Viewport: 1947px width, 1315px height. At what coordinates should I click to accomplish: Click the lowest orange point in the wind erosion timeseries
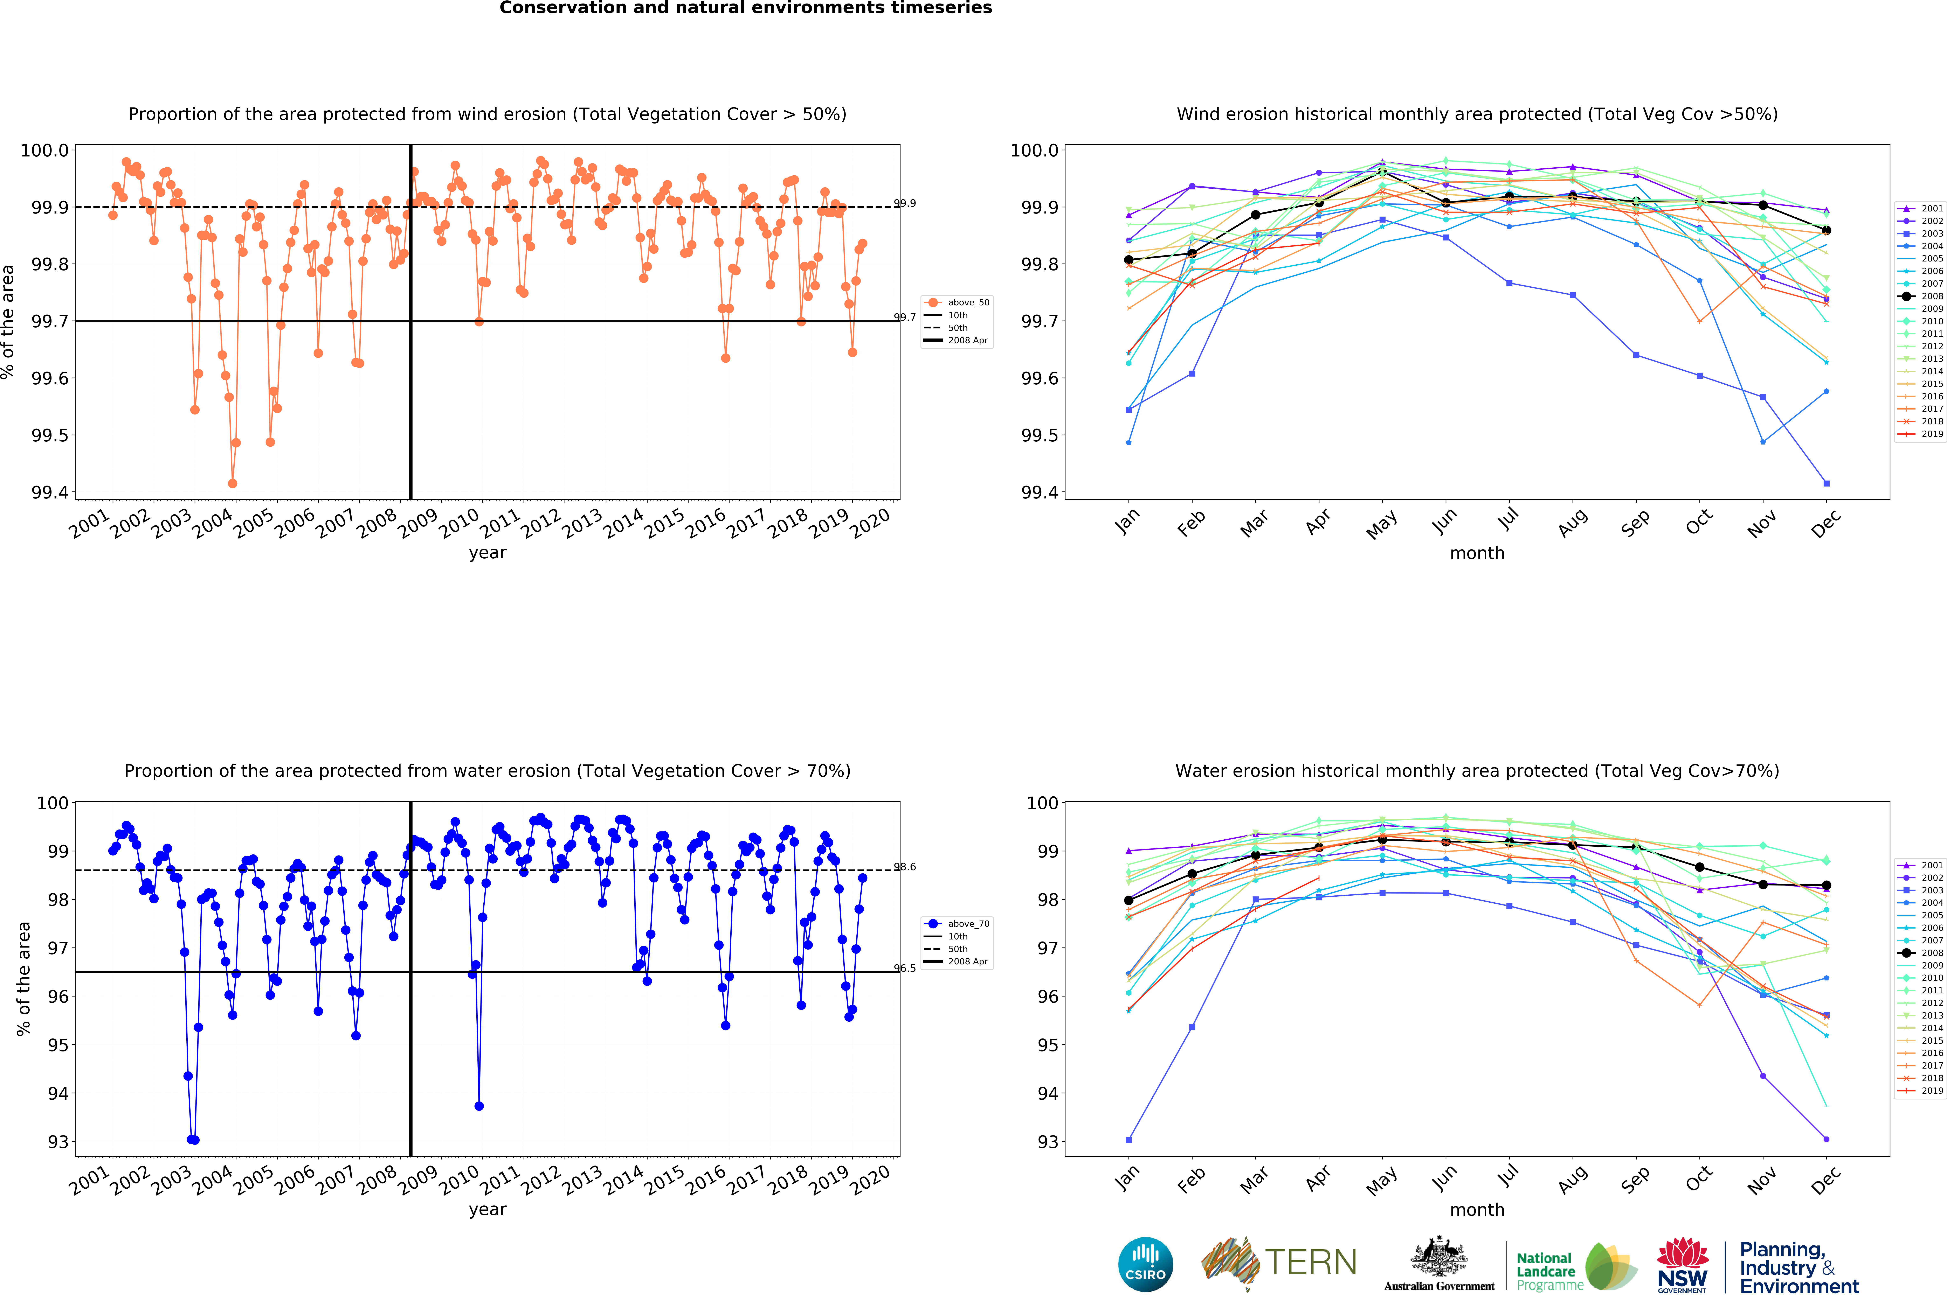point(232,483)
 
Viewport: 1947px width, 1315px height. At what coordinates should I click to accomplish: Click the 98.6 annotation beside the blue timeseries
point(905,867)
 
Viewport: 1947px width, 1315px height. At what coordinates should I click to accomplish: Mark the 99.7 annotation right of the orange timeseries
point(905,317)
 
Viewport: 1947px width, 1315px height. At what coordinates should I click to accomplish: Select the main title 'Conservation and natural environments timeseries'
point(746,8)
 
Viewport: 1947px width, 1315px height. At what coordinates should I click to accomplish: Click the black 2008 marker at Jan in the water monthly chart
point(1128,900)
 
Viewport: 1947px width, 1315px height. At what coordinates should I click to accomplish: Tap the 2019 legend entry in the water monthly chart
point(1925,1091)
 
